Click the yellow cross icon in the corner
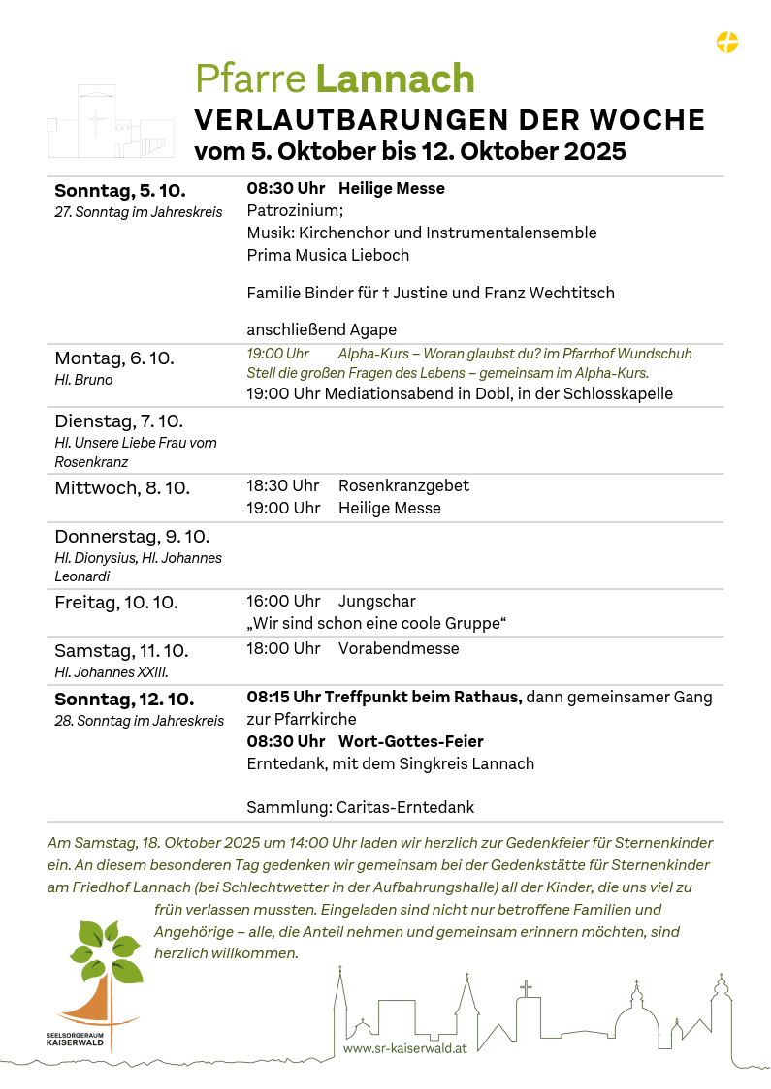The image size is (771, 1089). [726, 42]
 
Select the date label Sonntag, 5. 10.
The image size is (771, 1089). [120, 190]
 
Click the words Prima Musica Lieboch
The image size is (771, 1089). [328, 256]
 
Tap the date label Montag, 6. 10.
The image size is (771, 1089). [114, 358]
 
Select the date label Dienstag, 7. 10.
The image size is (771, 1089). [118, 421]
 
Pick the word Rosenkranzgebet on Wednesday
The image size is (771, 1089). [403, 485]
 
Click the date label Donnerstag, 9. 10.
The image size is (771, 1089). [132, 537]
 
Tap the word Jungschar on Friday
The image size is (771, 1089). [377, 602]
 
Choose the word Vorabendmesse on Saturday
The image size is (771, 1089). [399, 649]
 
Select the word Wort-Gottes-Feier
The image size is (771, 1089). [411, 742]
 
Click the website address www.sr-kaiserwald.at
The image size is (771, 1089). [405, 1048]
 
